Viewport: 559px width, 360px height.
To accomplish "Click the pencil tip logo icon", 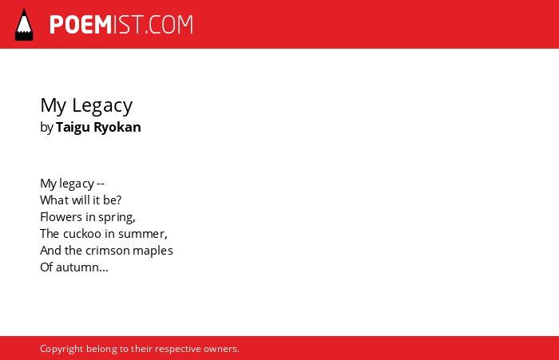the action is pyautogui.click(x=24, y=25).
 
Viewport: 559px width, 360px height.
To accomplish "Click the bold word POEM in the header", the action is pyautogui.click(x=81, y=25).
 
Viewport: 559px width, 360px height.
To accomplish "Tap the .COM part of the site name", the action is pyautogui.click(x=169, y=25).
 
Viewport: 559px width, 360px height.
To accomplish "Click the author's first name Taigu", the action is pyautogui.click(x=73, y=128).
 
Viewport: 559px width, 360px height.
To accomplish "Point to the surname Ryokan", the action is pyautogui.click(x=117, y=128).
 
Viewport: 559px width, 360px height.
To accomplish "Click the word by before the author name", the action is pyautogui.click(x=46, y=128).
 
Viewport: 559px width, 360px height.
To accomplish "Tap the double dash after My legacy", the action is pyautogui.click(x=101, y=184).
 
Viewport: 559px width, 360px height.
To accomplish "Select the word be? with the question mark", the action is pyautogui.click(x=113, y=200).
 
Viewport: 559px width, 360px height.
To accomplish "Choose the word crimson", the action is pyautogui.click(x=108, y=251).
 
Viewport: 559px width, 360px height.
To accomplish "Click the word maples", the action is pyautogui.click(x=153, y=251).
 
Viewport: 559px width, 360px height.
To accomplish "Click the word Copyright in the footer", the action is pyautogui.click(x=61, y=349).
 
